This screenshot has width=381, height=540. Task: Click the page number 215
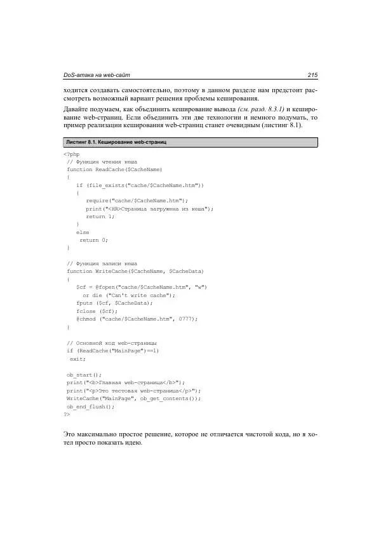pos(311,76)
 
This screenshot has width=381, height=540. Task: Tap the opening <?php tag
pos(71,154)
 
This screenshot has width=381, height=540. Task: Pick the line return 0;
pos(94,240)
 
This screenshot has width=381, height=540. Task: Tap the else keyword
pos(83,232)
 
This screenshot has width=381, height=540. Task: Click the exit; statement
pos(78,359)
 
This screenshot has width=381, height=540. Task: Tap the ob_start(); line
pos(84,375)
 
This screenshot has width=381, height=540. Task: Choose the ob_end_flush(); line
pos(90,406)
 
